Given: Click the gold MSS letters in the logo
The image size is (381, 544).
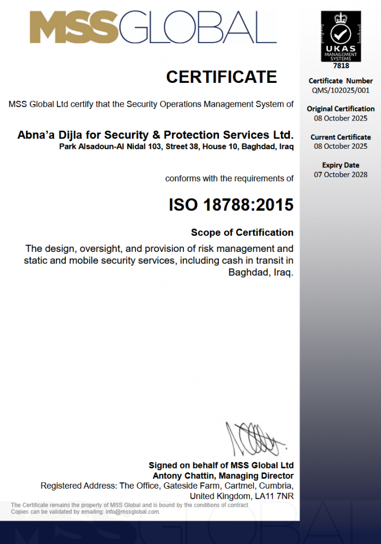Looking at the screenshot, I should [x=74, y=28].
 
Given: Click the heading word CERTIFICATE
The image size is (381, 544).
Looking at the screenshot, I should [x=221, y=78].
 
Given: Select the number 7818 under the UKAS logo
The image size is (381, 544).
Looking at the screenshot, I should [x=341, y=66].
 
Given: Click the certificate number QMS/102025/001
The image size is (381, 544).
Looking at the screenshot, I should [x=341, y=90].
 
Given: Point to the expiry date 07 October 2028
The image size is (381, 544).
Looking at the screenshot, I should [x=341, y=174].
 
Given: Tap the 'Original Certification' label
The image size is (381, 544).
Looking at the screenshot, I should [x=341, y=109].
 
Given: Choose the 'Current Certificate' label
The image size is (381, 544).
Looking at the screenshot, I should [x=341, y=137].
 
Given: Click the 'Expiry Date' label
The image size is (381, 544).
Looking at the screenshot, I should [x=341, y=165].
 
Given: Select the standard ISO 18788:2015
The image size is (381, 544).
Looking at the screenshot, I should [x=231, y=205].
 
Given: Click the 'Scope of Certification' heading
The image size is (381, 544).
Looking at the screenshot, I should [x=242, y=233].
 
